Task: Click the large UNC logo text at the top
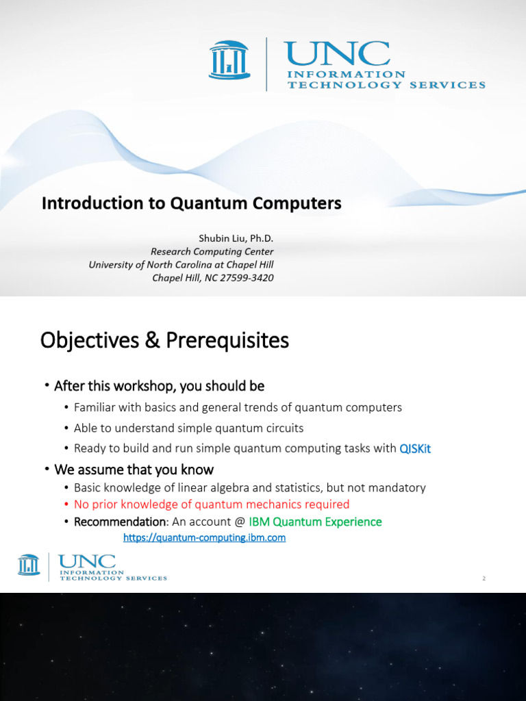(x=337, y=53)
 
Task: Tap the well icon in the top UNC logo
(x=229, y=60)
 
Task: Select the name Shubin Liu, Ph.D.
(x=236, y=238)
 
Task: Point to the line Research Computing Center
(x=212, y=251)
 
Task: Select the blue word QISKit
(x=415, y=448)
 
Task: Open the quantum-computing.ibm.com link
(x=204, y=538)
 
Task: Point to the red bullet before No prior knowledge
(x=66, y=505)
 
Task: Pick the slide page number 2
(x=484, y=578)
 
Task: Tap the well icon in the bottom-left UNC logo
(x=29, y=565)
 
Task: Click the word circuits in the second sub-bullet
(x=282, y=428)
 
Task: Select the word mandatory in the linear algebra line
(x=400, y=487)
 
